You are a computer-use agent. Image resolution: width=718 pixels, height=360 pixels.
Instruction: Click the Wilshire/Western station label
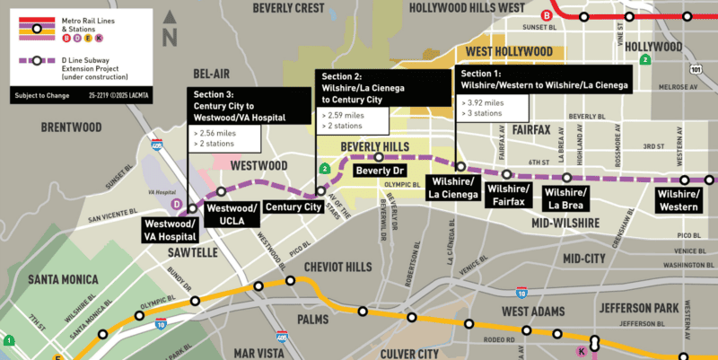point(678,200)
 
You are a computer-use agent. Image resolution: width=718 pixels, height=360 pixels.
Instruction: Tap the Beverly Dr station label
point(382,170)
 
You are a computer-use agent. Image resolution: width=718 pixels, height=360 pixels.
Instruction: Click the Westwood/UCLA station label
point(232,213)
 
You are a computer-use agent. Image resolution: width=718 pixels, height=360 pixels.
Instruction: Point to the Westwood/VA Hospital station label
point(170,229)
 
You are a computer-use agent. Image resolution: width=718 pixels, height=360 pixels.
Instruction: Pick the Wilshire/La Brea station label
point(565,199)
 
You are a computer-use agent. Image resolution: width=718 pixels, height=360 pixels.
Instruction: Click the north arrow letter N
point(169,37)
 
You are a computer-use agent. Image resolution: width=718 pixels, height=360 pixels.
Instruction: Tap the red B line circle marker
point(547,15)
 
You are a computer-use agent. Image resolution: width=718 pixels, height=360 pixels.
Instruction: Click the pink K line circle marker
point(582,348)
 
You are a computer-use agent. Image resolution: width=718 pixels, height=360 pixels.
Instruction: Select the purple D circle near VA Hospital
point(177,205)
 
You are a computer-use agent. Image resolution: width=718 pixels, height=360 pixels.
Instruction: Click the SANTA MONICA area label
point(62,279)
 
